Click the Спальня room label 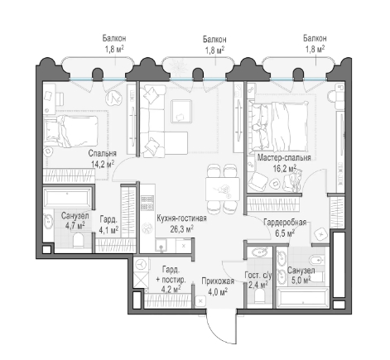tap(103, 153)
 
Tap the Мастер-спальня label tap(284, 157)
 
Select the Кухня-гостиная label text tap(181, 218)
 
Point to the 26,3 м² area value tap(181, 229)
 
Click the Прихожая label tap(218, 281)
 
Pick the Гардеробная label tap(285, 223)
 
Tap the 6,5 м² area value tap(285, 233)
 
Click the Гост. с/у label tap(258, 275)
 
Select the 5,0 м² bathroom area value tap(301, 281)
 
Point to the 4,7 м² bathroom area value tap(75, 226)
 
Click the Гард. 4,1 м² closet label tap(108, 225)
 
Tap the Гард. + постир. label tap(171, 274)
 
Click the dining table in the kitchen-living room tap(223, 190)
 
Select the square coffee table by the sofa tap(181, 111)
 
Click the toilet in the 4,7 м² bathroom tap(79, 240)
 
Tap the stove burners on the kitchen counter tap(147, 203)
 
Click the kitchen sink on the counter tap(161, 245)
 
